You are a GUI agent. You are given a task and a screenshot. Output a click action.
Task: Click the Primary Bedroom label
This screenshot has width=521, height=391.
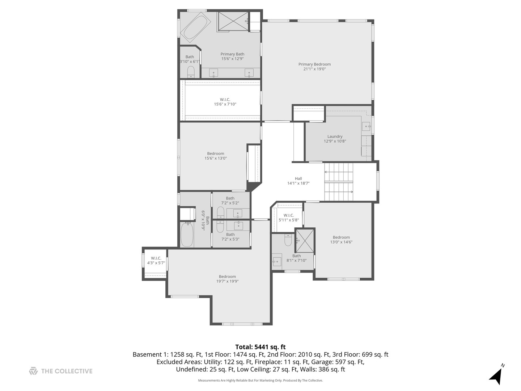[314, 67]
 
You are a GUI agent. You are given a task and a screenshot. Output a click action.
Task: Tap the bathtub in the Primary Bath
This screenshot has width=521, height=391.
[195, 27]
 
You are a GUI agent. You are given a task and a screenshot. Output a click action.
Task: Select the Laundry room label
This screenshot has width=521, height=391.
[335, 139]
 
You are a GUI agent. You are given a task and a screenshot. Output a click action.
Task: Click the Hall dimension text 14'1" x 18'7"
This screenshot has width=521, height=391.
[298, 183]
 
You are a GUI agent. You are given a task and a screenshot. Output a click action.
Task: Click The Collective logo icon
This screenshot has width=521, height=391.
[33, 371]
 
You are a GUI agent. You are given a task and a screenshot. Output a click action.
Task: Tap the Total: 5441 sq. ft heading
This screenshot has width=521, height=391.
[260, 347]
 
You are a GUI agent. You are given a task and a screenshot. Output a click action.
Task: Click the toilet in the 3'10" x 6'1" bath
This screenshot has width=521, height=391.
[191, 72]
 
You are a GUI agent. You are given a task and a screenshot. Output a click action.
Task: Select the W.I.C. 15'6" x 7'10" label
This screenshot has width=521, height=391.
[225, 102]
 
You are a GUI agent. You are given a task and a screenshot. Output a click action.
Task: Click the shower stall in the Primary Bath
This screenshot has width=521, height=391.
[233, 21]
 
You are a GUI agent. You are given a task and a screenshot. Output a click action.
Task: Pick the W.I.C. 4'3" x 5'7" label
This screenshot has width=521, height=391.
[156, 260]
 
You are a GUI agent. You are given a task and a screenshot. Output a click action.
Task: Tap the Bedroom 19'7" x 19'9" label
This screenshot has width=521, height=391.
[227, 279]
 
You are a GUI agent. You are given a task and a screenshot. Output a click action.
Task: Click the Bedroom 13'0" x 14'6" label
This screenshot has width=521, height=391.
[341, 240]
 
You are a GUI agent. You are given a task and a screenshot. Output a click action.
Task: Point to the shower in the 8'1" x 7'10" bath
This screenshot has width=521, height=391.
[305, 240]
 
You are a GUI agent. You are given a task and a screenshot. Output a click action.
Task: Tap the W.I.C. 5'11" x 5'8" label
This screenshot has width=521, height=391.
[289, 218]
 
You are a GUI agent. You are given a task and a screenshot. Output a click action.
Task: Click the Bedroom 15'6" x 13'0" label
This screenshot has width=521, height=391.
[216, 156]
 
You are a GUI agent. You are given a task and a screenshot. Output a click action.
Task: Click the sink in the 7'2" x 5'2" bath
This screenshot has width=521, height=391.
[238, 213]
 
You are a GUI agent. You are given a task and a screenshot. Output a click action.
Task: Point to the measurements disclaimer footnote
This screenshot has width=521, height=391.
[260, 380]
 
